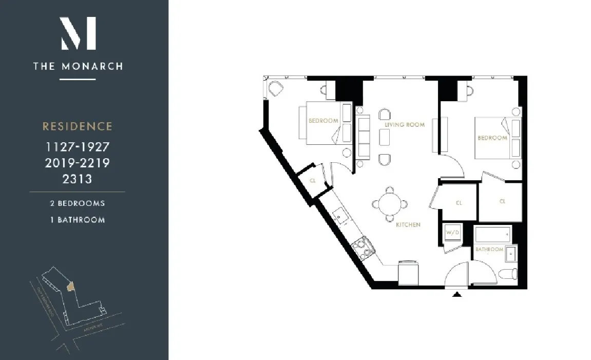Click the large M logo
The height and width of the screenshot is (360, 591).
78,33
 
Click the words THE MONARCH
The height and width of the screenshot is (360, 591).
78,66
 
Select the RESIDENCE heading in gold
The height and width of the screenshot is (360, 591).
78,126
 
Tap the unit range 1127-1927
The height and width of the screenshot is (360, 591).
78,147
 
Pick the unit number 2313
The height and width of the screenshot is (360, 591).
78,179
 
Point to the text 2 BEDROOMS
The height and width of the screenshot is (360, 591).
78,203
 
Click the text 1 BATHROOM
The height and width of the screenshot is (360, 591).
78,220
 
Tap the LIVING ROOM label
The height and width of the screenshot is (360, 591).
405,125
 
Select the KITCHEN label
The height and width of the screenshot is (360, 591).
408,225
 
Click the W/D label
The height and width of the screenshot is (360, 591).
452,232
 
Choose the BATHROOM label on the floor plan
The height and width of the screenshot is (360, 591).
489,250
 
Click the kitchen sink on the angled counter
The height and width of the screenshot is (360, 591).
339,216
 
